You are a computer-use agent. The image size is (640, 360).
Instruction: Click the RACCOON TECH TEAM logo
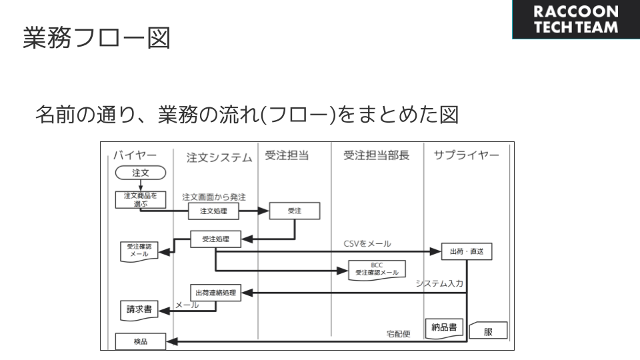[x=576, y=20]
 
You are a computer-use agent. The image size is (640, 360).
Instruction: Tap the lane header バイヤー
[x=135, y=156]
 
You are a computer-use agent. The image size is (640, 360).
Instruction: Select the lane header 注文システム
[x=219, y=158]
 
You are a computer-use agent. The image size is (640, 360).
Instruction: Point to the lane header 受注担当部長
[x=376, y=156]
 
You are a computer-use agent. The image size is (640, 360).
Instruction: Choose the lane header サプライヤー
[x=471, y=156]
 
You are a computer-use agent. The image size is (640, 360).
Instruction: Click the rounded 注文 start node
[x=140, y=173]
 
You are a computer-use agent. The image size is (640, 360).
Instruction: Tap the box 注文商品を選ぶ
[x=140, y=199]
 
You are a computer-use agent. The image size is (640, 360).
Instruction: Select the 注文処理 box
[x=213, y=211]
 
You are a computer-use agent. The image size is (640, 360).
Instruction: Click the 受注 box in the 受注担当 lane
[x=295, y=211]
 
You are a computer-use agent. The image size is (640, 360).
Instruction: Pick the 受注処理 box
[x=215, y=238]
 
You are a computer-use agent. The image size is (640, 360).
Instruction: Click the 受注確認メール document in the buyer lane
[x=139, y=251]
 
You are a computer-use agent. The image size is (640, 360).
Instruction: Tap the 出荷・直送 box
[x=467, y=252]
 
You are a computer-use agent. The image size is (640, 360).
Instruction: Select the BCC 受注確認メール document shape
[x=377, y=269]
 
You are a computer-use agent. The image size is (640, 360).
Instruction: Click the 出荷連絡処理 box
[x=215, y=293]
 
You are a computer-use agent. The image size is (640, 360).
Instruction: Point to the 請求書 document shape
[x=139, y=309]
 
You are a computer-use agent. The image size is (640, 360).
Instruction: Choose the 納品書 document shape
[x=444, y=328]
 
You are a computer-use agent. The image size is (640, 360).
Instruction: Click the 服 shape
[x=488, y=331]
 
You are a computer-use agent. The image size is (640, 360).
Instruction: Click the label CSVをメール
[x=367, y=243]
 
